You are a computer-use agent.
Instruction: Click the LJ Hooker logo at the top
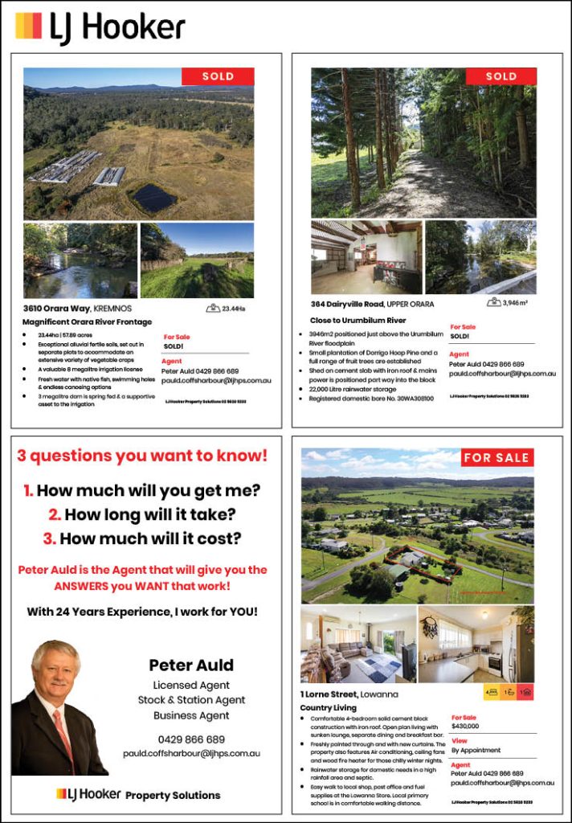[x=100, y=27]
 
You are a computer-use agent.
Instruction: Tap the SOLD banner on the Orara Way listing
[x=218, y=76]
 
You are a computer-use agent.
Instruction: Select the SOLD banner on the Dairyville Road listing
[x=501, y=76]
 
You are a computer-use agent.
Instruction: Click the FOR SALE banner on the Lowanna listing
[x=496, y=457]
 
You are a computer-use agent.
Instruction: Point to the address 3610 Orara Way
[x=77, y=308]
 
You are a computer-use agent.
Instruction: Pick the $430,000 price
[x=465, y=726]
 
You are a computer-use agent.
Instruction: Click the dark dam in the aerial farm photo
[x=154, y=197]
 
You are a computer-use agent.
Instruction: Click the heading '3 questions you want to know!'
[x=142, y=457]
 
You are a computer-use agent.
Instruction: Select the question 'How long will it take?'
[x=142, y=514]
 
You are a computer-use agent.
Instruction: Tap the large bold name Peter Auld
[x=191, y=665]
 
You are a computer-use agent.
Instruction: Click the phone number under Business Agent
[x=191, y=739]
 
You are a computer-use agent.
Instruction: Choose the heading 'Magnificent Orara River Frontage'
[x=88, y=321]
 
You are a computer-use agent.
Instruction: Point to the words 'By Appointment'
[x=476, y=750]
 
